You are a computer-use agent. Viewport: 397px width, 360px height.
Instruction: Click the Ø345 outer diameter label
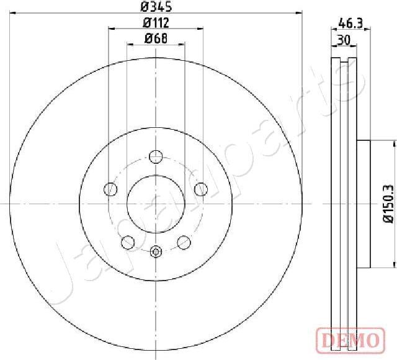pos(156,7)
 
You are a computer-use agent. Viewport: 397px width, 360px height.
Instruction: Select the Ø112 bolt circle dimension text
pos(156,23)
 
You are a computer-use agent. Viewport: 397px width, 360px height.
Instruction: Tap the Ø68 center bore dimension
pos(156,38)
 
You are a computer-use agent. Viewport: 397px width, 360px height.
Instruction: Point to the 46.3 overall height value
pos(350,24)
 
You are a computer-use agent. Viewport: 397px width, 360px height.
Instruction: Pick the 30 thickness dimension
pos(342,39)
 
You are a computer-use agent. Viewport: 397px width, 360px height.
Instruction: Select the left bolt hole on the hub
pos(111,189)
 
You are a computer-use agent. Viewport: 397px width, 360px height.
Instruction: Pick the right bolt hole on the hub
pos(201,189)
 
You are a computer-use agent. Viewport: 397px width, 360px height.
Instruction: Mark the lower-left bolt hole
pos(128,241)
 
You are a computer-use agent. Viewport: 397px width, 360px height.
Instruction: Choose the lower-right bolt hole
pos(184,241)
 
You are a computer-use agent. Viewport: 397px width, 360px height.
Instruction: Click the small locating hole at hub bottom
pos(156,251)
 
